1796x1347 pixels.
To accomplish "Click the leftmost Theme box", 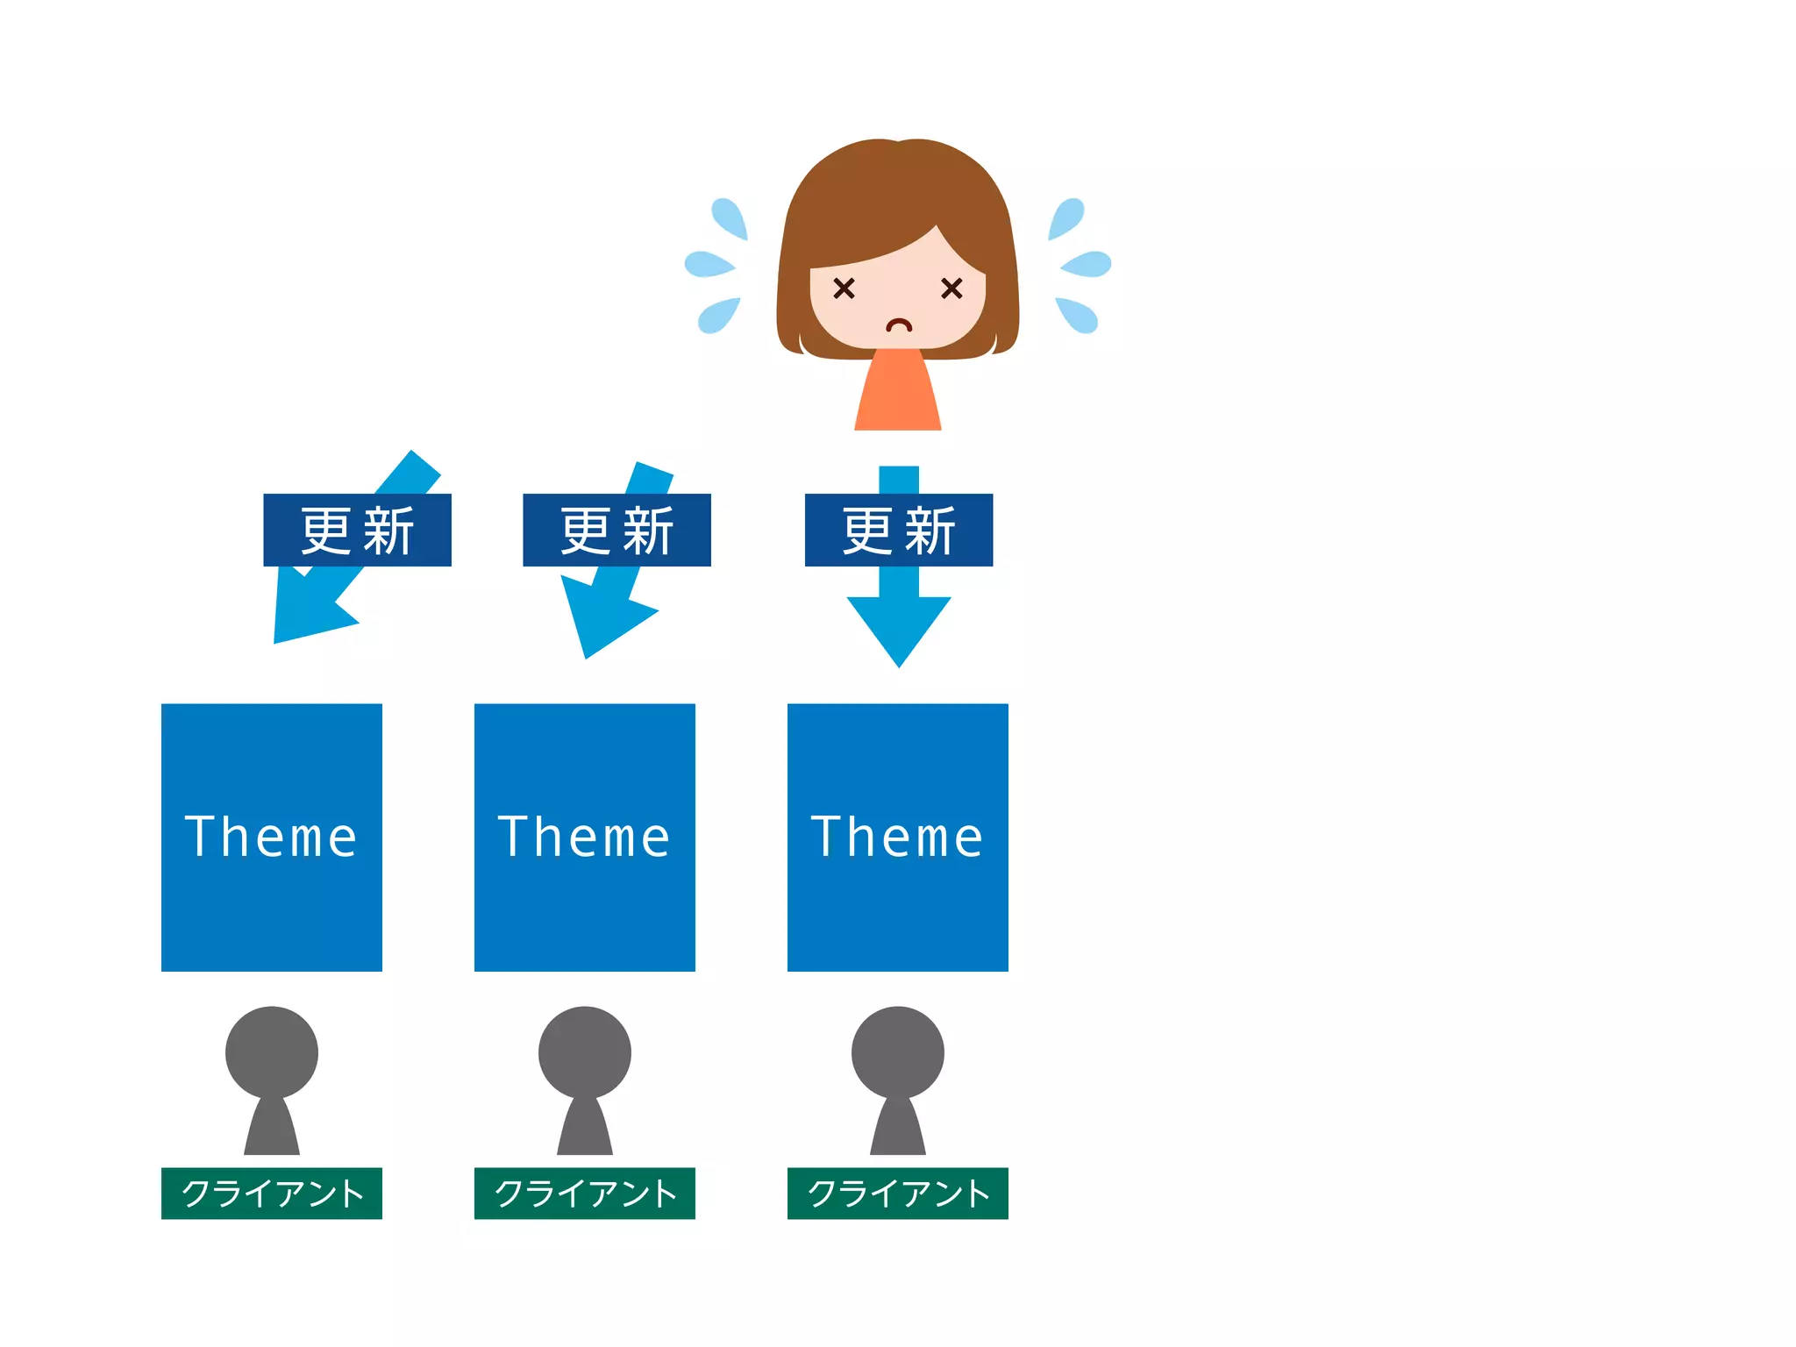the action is (x=272, y=837).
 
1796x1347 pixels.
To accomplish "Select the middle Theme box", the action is (x=585, y=837).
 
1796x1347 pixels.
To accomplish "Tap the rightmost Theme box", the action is (x=898, y=837).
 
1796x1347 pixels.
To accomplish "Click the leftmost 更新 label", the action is (x=357, y=530).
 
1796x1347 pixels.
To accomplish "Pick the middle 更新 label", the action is (x=616, y=530).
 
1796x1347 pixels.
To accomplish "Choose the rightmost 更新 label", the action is (x=899, y=530).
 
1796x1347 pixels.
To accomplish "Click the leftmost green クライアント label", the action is (x=272, y=1193).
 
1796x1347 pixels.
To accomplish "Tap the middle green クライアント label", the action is (x=585, y=1193).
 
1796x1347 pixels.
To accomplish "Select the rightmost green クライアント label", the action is (x=898, y=1193).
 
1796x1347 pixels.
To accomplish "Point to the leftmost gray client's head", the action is (x=272, y=1052).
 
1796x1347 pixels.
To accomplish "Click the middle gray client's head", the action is (x=585, y=1052).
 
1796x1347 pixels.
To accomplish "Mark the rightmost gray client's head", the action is (x=898, y=1052).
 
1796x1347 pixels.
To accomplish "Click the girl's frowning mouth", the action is (x=899, y=326).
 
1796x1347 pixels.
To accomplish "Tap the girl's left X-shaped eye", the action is (x=844, y=288).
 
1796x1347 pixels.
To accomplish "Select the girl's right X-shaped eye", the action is (x=951, y=288).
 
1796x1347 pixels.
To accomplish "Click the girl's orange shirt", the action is (x=898, y=395).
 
